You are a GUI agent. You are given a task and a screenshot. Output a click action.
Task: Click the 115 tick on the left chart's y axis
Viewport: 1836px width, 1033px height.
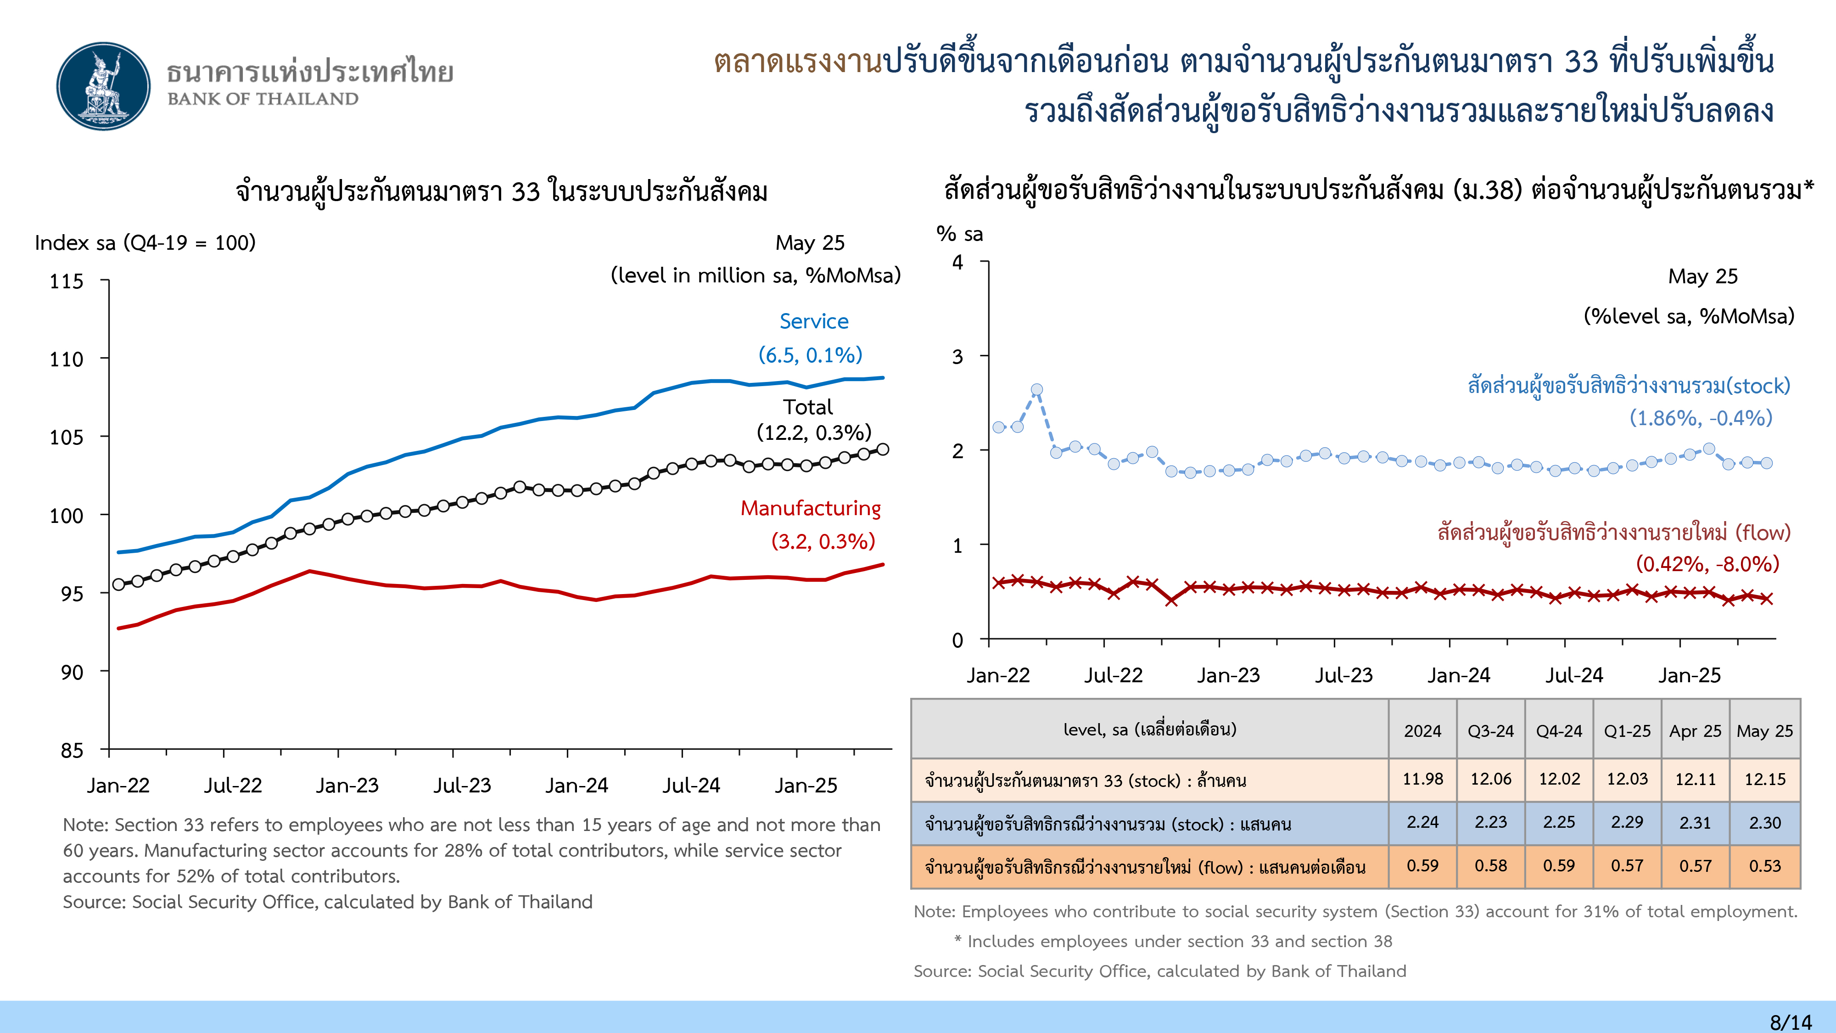click(66, 281)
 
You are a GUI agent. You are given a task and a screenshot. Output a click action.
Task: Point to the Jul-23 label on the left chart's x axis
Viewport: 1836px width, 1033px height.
click(463, 785)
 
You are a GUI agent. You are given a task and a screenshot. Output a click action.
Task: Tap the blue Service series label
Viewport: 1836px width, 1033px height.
click(814, 321)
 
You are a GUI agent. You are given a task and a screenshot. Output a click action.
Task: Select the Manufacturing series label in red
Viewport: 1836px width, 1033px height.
click(811, 508)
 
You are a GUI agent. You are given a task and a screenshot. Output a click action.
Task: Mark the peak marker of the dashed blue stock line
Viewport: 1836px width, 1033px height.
click(1037, 390)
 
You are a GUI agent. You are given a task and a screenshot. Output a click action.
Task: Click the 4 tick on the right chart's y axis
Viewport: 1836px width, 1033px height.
click(958, 262)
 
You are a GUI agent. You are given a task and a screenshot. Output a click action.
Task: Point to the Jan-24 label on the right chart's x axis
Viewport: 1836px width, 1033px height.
click(1458, 675)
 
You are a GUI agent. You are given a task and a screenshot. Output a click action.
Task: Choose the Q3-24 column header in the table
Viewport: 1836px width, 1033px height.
click(1490, 731)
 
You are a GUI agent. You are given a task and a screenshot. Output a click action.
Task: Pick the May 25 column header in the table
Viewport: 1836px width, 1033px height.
click(1765, 731)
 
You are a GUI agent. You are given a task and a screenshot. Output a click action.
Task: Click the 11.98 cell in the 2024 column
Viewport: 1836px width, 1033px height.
click(1422, 779)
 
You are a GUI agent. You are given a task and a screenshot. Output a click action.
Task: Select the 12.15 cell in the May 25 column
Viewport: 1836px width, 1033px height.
click(1765, 779)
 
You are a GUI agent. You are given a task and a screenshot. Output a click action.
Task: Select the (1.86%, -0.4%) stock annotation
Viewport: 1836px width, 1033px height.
click(1701, 418)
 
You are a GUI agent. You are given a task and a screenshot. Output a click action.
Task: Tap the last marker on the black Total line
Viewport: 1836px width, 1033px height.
click(882, 449)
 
